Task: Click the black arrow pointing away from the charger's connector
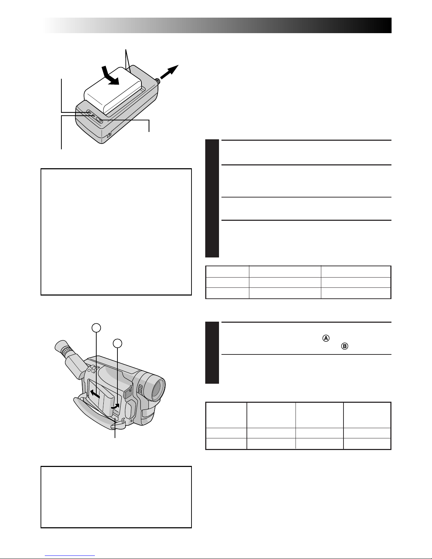pyautogui.click(x=169, y=72)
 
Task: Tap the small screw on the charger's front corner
pyautogui.click(x=110, y=134)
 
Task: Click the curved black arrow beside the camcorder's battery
pyautogui.click(x=115, y=406)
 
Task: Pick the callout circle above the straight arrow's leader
pyautogui.click(x=96, y=328)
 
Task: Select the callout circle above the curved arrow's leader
pyautogui.click(x=117, y=344)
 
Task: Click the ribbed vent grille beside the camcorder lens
pyautogui.click(x=140, y=389)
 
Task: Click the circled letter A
pyautogui.click(x=326, y=338)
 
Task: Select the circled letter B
pyautogui.click(x=345, y=346)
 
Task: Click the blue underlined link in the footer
pyautogui.click(x=70, y=555)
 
